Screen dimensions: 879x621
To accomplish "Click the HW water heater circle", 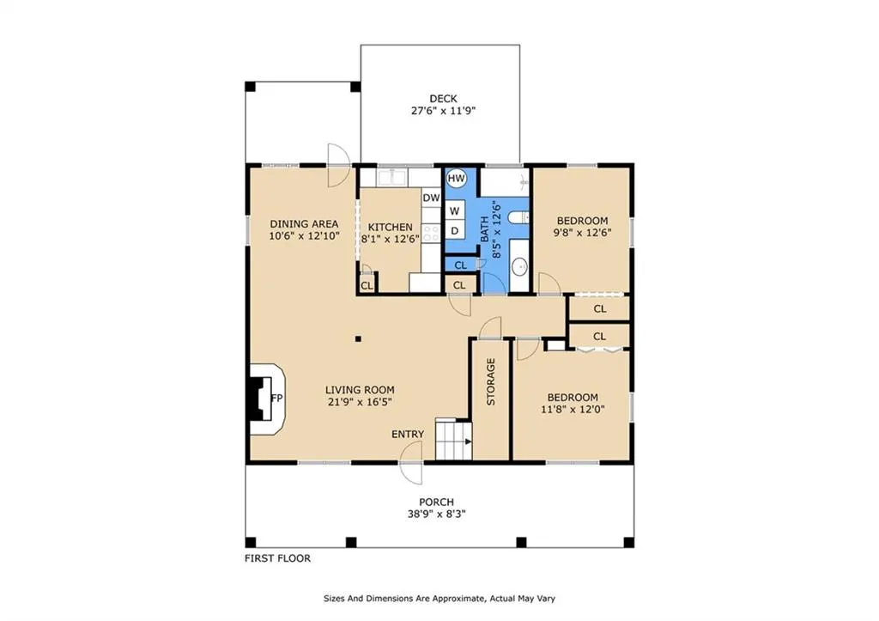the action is (457, 179).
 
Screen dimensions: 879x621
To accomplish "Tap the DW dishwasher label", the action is (431, 198).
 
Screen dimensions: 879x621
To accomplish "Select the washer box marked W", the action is (455, 211).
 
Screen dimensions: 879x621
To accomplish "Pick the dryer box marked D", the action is (455, 230).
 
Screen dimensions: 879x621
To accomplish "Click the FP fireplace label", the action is (276, 399).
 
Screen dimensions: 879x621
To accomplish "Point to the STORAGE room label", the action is (490, 381).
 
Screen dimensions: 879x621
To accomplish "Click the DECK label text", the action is (443, 99).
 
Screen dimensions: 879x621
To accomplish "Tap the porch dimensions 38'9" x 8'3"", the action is (437, 514).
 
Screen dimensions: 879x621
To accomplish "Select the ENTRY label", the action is (408, 435).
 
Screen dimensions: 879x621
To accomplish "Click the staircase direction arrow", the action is (468, 441).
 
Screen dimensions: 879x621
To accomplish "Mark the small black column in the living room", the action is (358, 338).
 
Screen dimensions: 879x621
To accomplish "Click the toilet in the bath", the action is (518, 217).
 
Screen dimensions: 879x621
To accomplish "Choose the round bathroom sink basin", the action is (519, 266).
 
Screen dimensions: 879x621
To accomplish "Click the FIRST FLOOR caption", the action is (277, 558).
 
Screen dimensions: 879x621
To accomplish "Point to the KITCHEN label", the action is (391, 228).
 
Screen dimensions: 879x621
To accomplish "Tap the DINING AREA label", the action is (305, 224).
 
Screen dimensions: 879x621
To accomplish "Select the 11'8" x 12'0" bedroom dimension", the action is (573, 410).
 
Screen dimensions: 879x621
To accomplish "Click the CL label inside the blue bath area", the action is (461, 265).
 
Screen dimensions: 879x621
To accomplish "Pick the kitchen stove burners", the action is (431, 233).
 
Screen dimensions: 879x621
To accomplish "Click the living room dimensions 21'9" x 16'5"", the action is (360, 402).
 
